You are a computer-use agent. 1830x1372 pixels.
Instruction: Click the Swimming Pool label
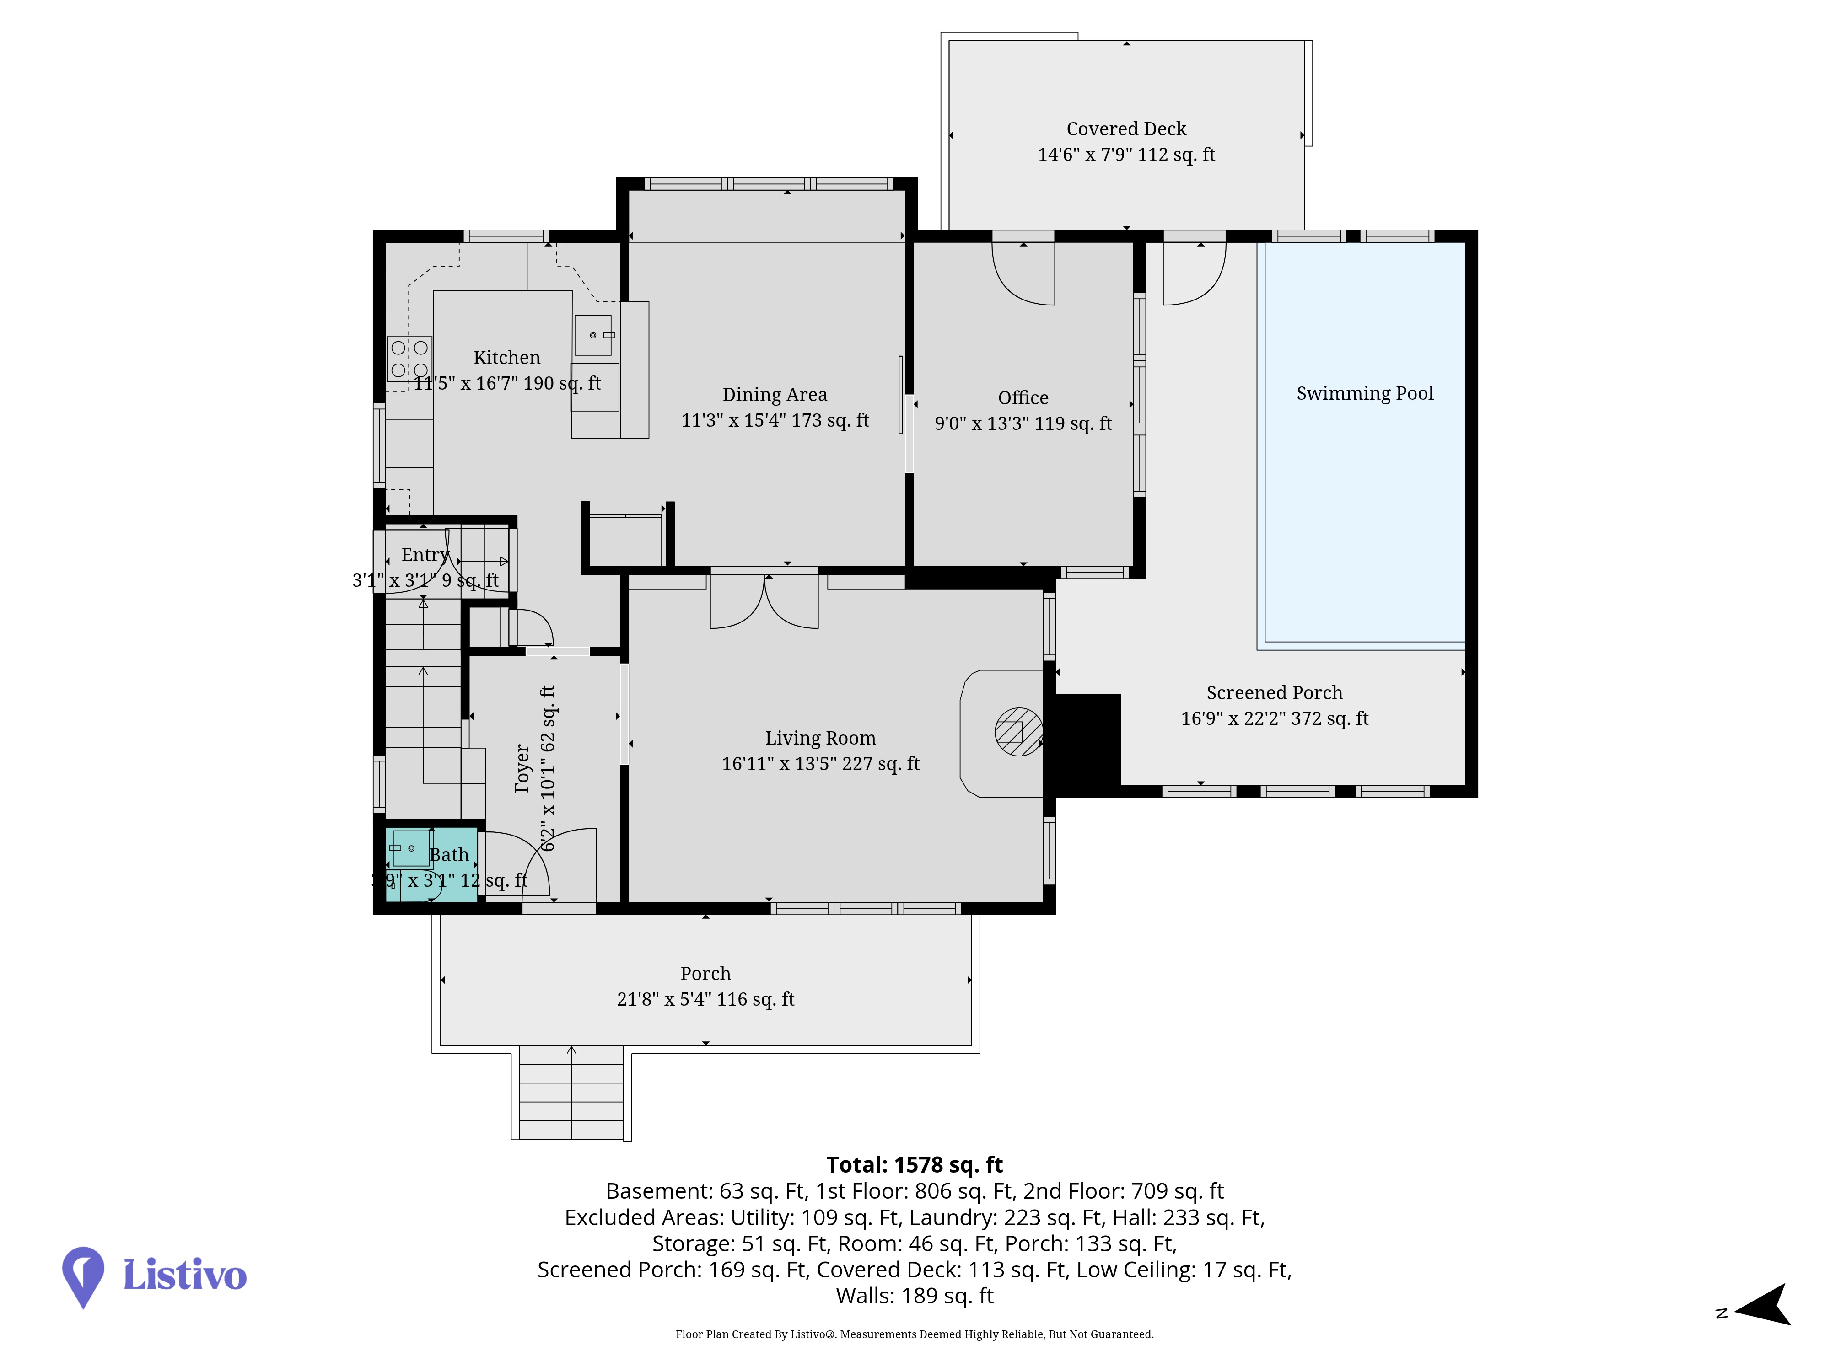(1364, 394)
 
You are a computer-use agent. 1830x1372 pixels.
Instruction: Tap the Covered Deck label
(1126, 129)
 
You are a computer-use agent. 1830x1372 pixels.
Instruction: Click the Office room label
(1023, 398)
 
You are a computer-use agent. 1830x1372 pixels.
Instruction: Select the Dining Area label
(775, 395)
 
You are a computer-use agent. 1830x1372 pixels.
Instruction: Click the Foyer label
(522, 768)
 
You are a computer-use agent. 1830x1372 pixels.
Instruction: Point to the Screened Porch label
(1274, 693)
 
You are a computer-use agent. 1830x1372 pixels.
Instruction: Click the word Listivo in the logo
(184, 1275)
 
